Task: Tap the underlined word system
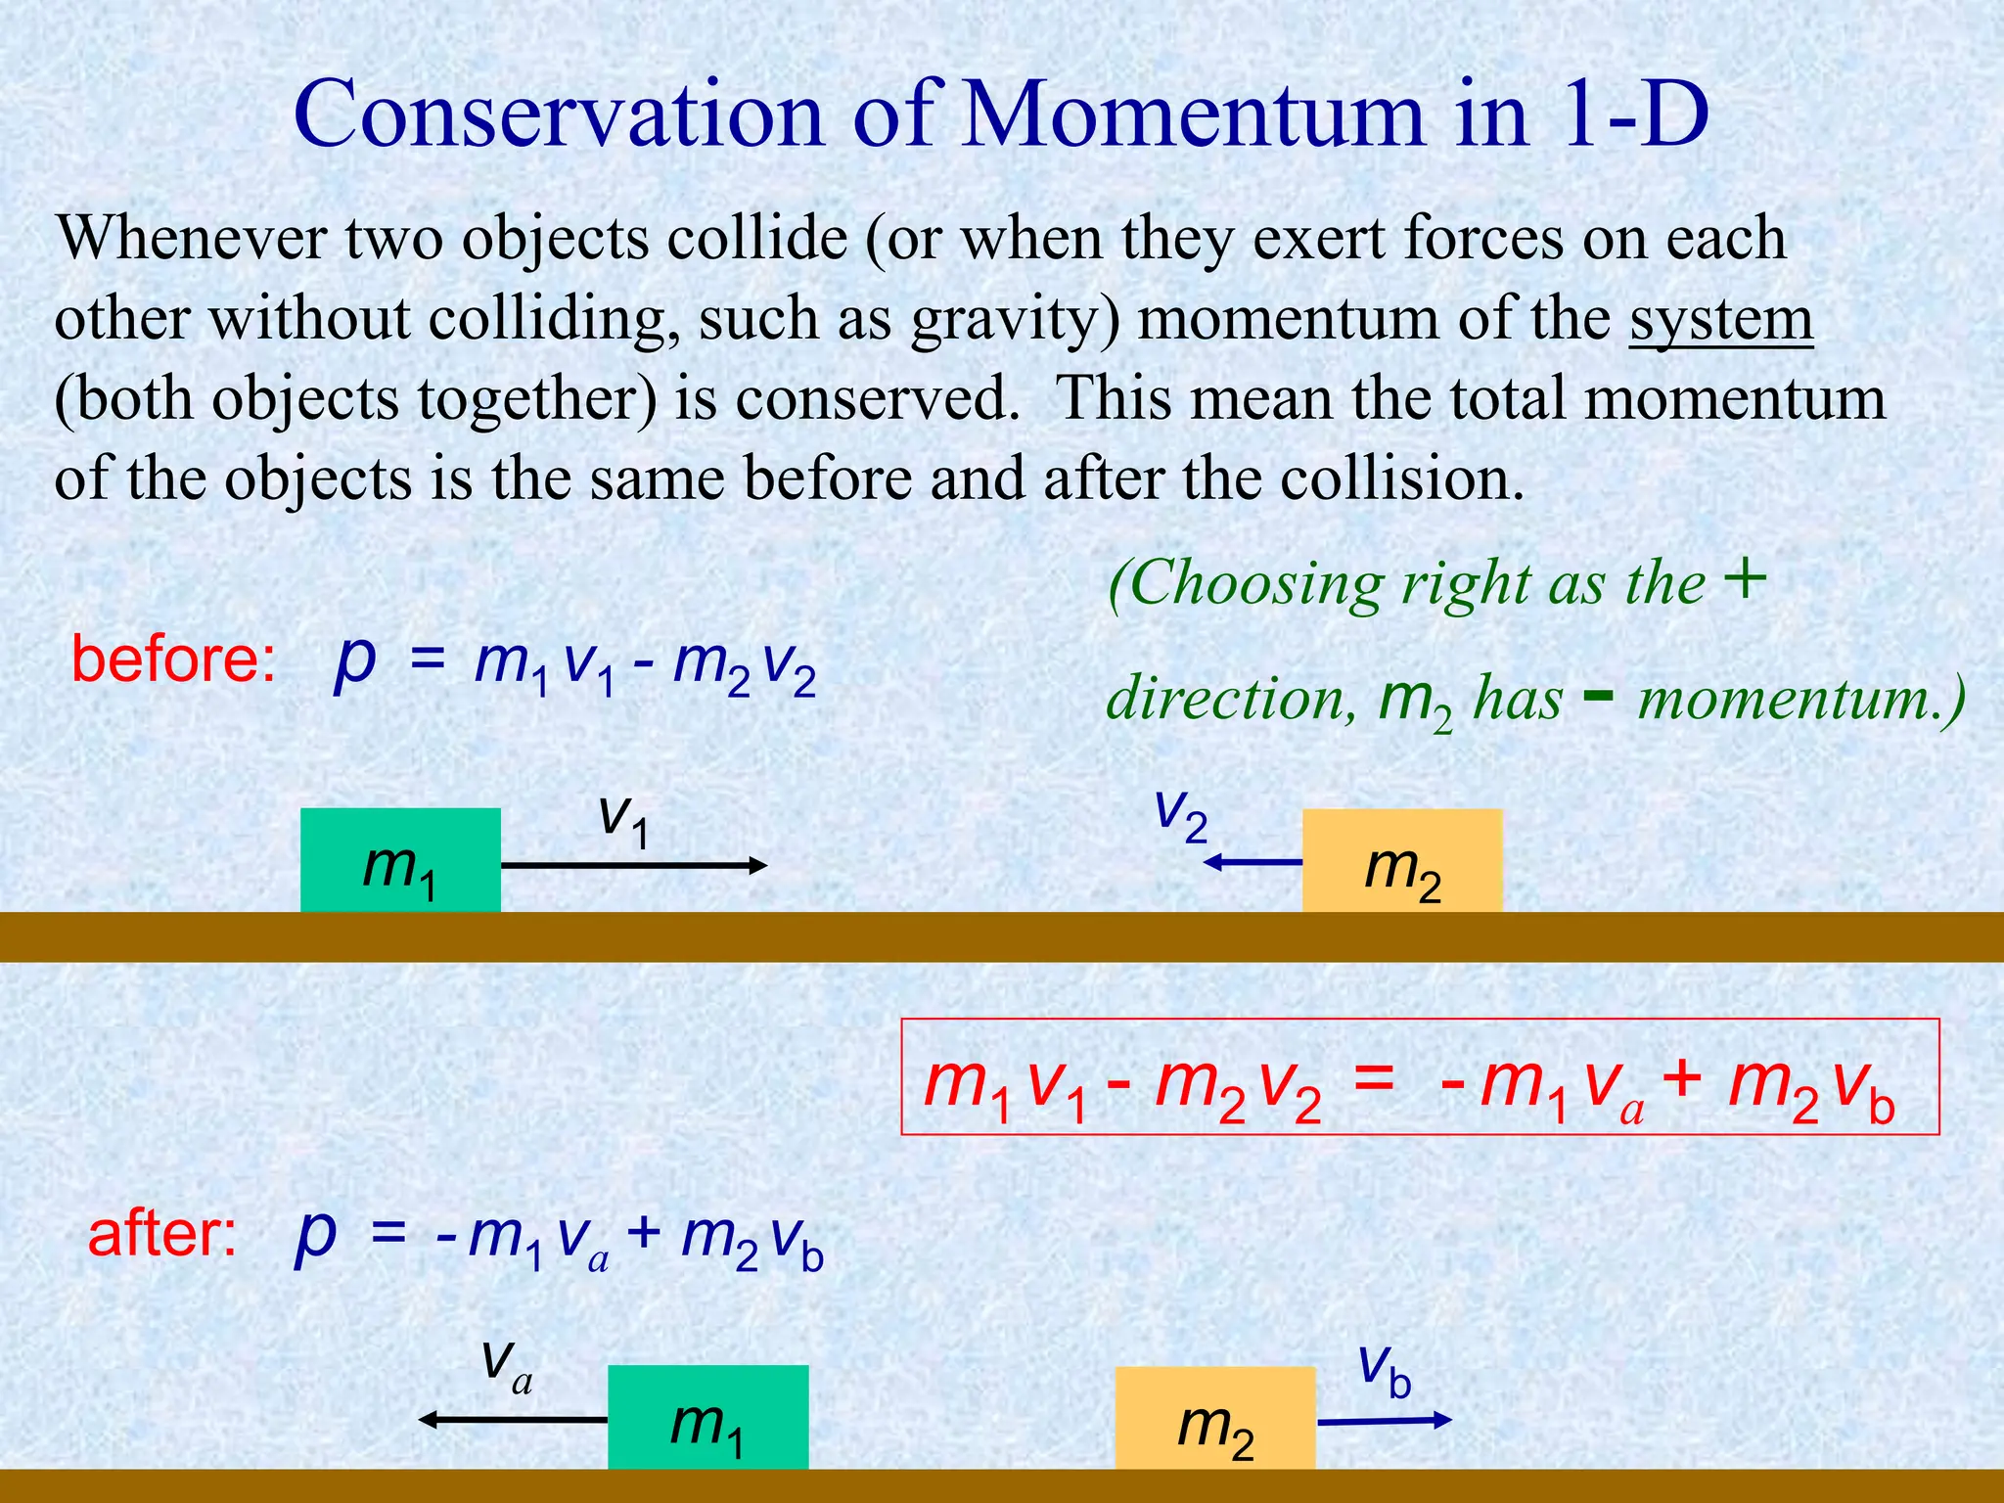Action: [x=1721, y=319]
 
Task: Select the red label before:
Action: [x=173, y=660]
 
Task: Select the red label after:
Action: [x=162, y=1234]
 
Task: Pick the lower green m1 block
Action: [x=708, y=1418]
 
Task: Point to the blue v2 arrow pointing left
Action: [x=1253, y=862]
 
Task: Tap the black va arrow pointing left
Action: [x=514, y=1419]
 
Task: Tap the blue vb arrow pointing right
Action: [x=1384, y=1421]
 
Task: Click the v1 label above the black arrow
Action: [x=623, y=818]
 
